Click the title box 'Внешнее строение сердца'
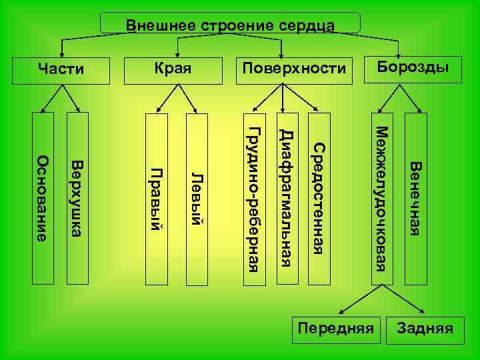coord(230,24)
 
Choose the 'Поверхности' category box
coord(294,69)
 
